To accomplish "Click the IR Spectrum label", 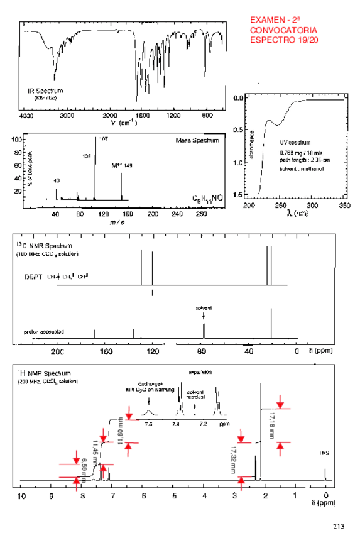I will point(45,91).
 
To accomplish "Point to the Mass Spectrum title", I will point(197,140).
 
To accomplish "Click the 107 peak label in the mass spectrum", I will point(104,138).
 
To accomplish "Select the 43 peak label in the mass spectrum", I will point(57,180).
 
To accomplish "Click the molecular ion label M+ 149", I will point(121,165).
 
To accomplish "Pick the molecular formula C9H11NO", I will point(207,197).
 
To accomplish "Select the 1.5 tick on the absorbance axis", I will point(239,195).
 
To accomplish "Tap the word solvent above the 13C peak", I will point(204,307).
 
